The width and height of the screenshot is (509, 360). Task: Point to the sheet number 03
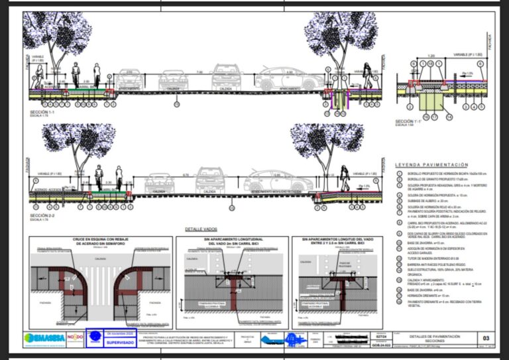(486, 338)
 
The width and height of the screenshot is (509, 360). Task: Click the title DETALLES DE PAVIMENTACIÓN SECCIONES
(423, 338)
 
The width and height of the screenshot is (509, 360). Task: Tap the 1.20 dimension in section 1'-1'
(431, 56)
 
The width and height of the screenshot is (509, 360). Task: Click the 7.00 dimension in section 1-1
(199, 72)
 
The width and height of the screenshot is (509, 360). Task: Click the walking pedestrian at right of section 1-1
(367, 78)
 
